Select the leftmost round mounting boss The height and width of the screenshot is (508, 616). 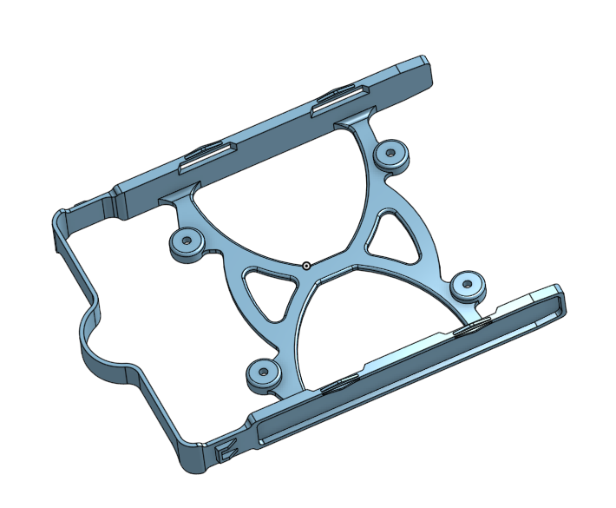point(185,244)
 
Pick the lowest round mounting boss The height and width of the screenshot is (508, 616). point(261,373)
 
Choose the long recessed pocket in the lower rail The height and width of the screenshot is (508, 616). point(408,365)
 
